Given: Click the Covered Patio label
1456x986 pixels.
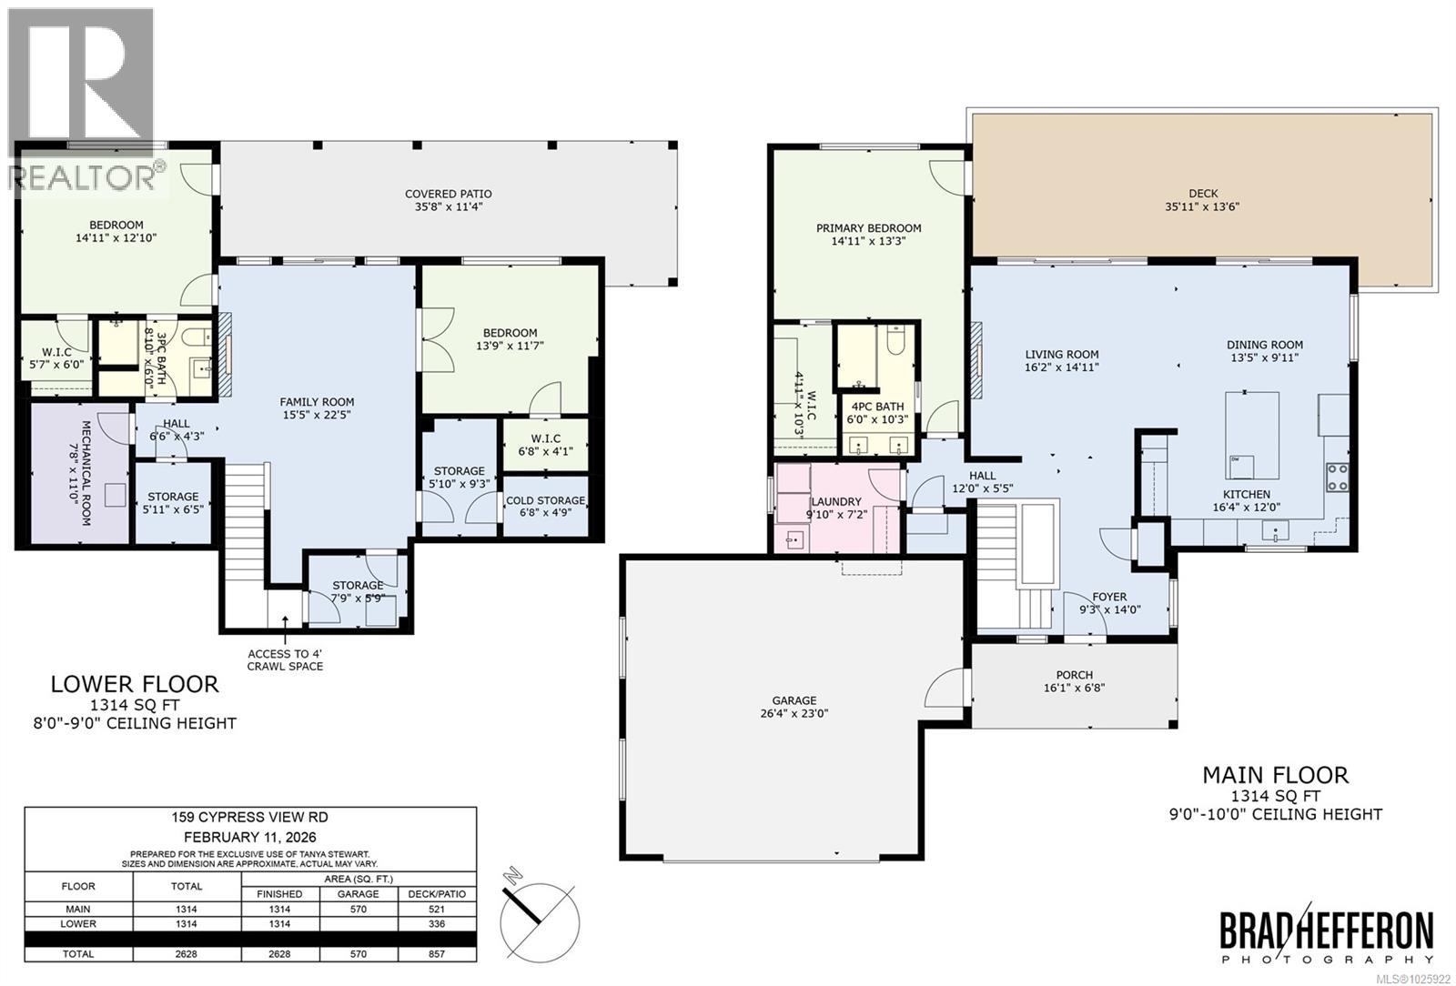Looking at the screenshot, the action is click(x=448, y=194).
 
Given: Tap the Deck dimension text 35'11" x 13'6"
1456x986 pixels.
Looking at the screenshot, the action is click(x=1202, y=206).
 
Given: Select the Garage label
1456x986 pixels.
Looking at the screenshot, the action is click(x=794, y=700).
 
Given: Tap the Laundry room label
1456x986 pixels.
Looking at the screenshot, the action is click(x=836, y=501).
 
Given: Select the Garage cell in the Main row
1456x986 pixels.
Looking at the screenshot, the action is click(x=359, y=910).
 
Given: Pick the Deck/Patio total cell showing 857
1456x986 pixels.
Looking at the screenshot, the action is click(x=437, y=954).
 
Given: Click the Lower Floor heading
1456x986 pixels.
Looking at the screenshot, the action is click(x=135, y=684).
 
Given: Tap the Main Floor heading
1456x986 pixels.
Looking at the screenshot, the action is click(x=1275, y=775).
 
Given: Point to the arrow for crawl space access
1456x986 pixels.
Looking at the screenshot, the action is click(x=285, y=629).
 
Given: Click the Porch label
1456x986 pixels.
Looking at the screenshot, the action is click(x=1075, y=675).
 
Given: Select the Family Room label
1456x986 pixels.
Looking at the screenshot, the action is click(x=317, y=402).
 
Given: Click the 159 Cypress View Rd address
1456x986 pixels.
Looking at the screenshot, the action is click(x=249, y=817).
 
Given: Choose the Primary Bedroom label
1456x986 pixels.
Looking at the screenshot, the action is click(x=868, y=228).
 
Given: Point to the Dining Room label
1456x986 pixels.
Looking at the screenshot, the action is click(x=1264, y=345).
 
